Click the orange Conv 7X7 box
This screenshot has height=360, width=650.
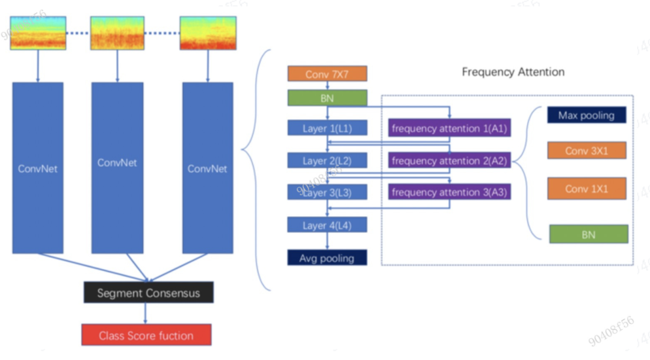coord(327,74)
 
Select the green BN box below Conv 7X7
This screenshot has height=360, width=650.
coord(327,98)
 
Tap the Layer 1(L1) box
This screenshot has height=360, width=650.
coord(327,128)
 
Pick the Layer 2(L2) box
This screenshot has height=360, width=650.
coord(327,161)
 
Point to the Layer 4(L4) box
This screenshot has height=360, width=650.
coord(327,225)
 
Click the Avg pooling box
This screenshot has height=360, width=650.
coord(327,258)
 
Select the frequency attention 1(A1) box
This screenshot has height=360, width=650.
coord(450,128)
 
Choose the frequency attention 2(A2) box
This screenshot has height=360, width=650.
coord(450,161)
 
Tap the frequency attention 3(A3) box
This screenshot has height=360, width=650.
coord(450,193)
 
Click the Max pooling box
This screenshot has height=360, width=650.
coord(586,115)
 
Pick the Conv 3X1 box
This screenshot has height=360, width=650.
coord(586,151)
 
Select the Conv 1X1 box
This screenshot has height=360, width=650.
coord(586,188)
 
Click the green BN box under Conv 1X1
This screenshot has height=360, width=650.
coord(588,234)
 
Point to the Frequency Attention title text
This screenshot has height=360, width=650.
coord(513,72)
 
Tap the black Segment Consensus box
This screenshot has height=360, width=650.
coord(148,293)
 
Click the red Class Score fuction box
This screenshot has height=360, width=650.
coord(146,335)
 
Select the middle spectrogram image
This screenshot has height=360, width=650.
coord(117,33)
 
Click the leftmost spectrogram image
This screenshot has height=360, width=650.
coord(37,33)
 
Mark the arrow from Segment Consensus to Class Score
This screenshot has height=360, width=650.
coord(145,314)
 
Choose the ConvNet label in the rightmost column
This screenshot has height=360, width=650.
coord(207,169)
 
